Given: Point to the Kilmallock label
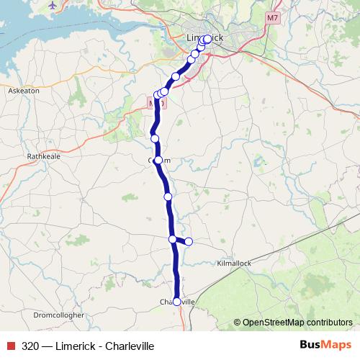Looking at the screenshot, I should coord(235,264).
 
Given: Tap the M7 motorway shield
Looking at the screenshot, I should coord(271,17).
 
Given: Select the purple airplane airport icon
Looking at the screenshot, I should coord(53,5).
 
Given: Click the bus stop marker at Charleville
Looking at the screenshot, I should coord(176,302).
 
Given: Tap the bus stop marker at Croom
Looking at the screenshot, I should coord(158,160).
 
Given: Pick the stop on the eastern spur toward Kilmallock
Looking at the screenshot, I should coord(189,241).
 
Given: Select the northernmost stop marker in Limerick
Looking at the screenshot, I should coord(208,39).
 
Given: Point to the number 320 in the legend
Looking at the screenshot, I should coord(30,346).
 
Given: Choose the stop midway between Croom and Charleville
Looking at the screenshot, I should coord(168,196).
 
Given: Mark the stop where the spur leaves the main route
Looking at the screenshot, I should coord(173,239).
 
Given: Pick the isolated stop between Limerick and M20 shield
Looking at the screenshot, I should coord(176,76).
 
